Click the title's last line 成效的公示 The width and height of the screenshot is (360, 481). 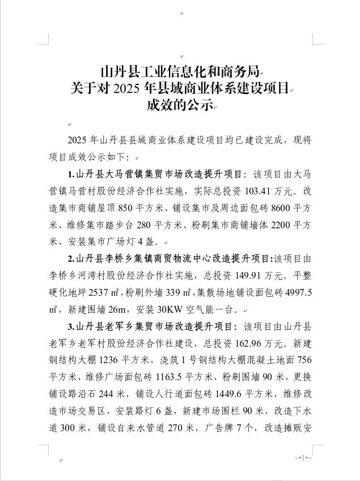tap(180, 105)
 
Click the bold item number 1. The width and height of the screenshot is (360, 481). tap(70, 173)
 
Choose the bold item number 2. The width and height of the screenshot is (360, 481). tap(70, 259)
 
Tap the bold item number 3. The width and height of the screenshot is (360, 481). tap(70, 327)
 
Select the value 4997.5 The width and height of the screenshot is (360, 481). tap(297, 293)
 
